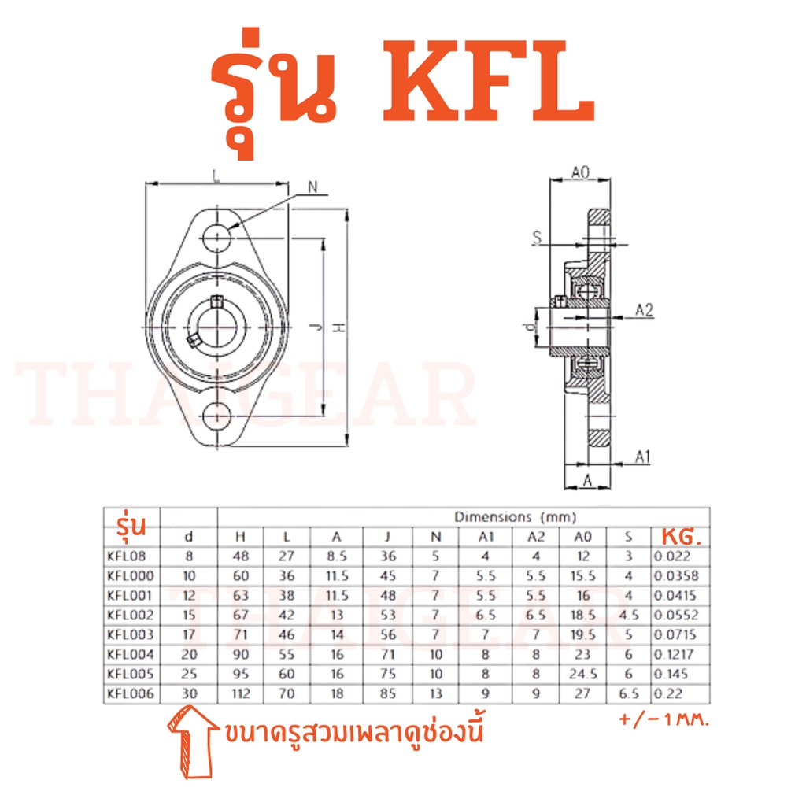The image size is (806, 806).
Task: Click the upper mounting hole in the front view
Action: (217, 238)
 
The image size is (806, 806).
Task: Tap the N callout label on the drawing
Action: (312, 187)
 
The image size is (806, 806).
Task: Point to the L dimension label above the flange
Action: (216, 176)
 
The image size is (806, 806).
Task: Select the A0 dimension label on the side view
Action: (580, 172)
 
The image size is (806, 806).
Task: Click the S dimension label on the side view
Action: (537, 237)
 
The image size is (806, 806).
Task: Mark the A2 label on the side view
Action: (644, 310)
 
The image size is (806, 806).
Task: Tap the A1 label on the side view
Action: (643, 457)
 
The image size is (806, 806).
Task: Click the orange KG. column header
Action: (681, 537)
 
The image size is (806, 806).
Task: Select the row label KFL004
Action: (131, 654)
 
